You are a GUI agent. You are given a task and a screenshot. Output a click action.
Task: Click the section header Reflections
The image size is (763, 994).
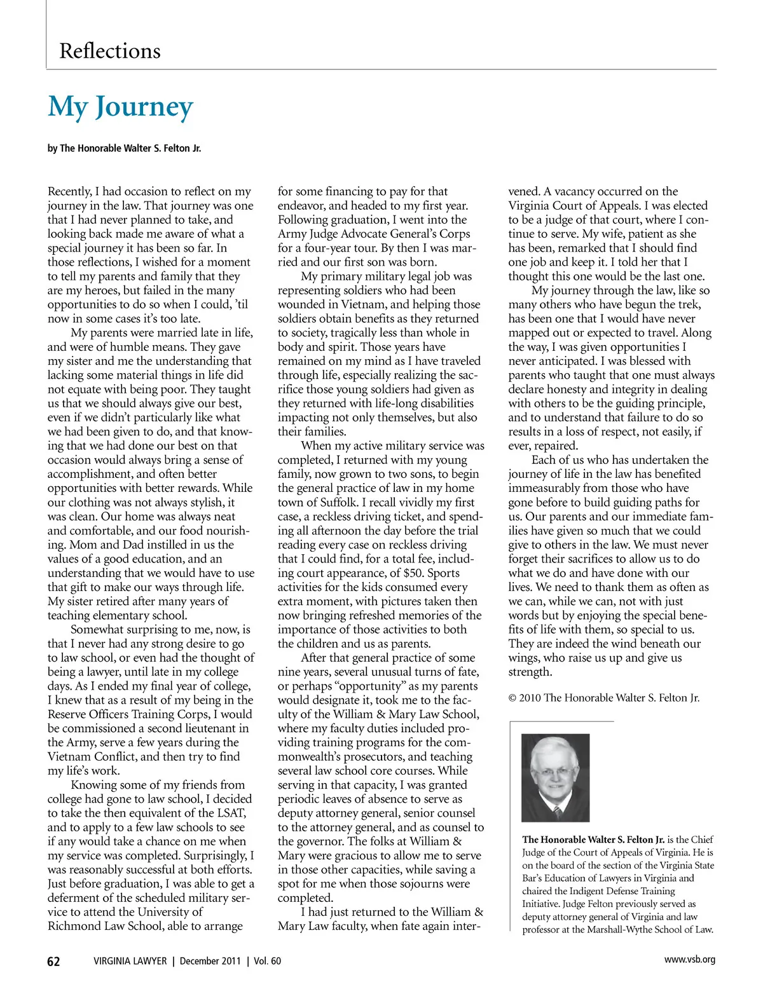coord(110,51)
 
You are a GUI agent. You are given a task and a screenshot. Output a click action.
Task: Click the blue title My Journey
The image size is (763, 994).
coord(120,107)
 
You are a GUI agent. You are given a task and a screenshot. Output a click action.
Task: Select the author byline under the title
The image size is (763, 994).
coord(124,148)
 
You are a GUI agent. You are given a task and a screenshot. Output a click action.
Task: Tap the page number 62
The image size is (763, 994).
coord(54,961)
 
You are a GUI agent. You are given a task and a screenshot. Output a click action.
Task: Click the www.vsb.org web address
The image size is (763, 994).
coord(689,960)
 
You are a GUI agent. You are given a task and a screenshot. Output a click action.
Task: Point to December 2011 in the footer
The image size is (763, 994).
coord(210,961)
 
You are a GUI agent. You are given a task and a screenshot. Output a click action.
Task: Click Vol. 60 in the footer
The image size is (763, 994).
coord(267,961)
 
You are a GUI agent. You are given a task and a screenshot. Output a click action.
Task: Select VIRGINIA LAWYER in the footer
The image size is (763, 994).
coord(130,961)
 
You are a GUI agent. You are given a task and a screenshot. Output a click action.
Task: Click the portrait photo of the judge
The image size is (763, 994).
coord(555,777)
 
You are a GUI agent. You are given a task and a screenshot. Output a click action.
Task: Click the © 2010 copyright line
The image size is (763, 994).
coord(603,698)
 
